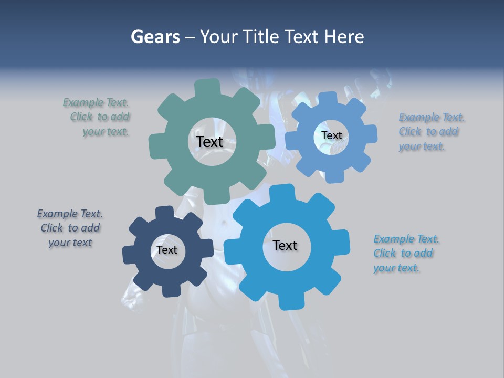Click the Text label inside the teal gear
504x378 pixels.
pyautogui.click(x=209, y=142)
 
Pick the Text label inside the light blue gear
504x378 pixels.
pyautogui.click(x=331, y=135)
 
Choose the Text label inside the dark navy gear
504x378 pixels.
pyautogui.click(x=167, y=250)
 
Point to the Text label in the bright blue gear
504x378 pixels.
pyautogui.click(x=285, y=245)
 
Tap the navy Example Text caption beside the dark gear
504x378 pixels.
pyautogui.click(x=70, y=228)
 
